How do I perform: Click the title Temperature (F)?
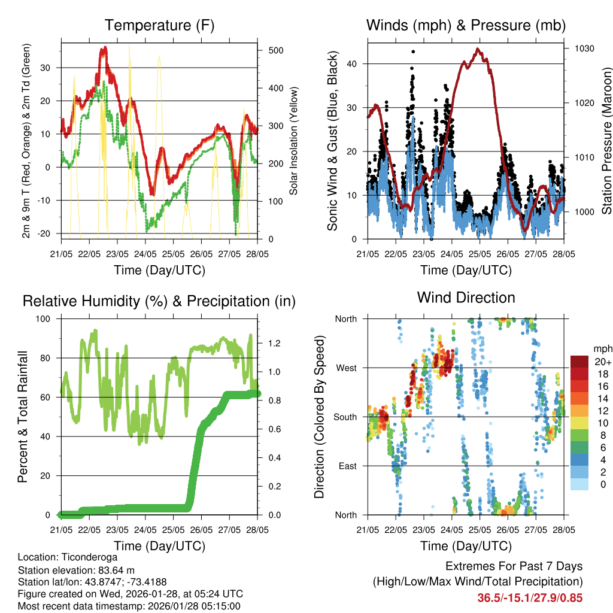(159, 26)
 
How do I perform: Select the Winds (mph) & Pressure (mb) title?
(466, 26)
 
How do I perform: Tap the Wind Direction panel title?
(466, 298)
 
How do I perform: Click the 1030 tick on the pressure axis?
(584, 48)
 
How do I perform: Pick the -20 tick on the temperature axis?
(48, 233)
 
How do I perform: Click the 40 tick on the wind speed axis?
(353, 63)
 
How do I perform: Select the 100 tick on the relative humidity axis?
(47, 318)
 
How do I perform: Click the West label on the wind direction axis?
(346, 368)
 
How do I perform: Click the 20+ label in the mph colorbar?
(602, 362)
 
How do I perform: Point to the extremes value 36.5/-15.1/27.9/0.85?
(530, 597)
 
